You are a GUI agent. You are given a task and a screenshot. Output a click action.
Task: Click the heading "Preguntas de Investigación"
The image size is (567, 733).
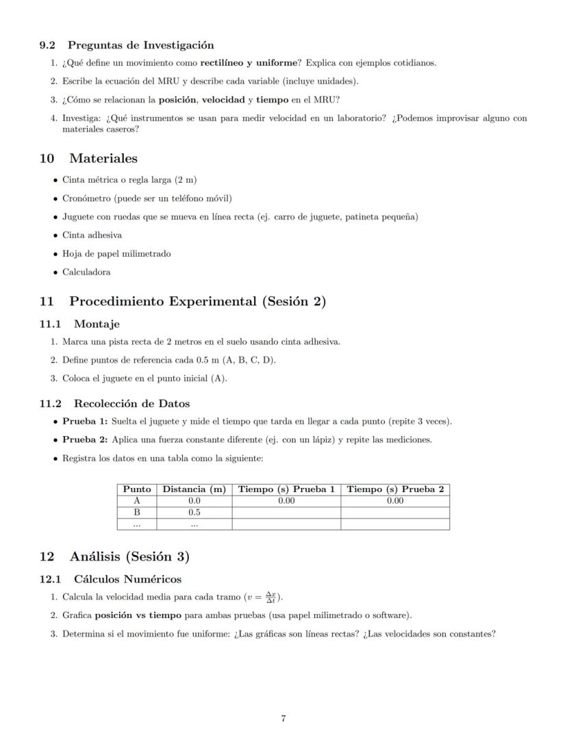[x=140, y=45]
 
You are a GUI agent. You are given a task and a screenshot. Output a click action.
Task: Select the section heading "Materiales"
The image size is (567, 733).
[x=103, y=158]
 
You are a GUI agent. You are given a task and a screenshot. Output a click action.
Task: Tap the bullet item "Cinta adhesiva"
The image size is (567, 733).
[x=92, y=235]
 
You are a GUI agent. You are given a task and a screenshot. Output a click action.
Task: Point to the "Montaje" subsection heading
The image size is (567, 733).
[x=97, y=324]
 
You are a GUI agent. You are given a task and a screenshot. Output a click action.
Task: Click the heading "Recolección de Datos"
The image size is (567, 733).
[x=131, y=403]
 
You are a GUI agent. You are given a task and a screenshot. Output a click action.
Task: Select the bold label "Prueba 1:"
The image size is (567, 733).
[x=85, y=422]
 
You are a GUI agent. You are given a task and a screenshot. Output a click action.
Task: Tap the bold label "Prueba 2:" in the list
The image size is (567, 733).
[x=85, y=439]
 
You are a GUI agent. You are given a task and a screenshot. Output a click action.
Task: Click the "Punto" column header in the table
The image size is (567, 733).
[x=137, y=489]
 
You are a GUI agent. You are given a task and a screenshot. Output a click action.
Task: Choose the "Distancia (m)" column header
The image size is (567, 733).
[x=194, y=489]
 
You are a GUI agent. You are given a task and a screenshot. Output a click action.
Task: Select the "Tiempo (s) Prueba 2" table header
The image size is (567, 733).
[x=395, y=489]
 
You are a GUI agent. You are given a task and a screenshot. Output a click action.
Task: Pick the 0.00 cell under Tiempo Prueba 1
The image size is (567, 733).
[x=286, y=501]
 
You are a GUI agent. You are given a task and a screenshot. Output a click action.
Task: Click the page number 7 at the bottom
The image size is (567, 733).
[x=283, y=719]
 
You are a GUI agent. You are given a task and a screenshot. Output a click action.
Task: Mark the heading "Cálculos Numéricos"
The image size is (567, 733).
[x=127, y=579]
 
